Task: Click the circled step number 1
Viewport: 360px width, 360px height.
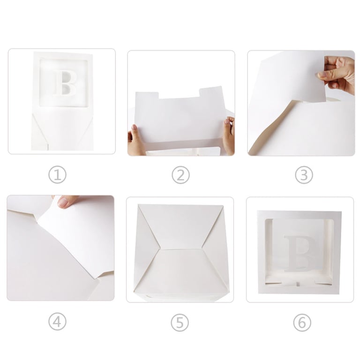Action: click(x=57, y=175)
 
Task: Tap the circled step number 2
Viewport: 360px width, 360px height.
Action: click(x=180, y=175)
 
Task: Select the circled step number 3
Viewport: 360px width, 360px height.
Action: click(x=304, y=175)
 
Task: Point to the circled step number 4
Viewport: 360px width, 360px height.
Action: click(x=57, y=322)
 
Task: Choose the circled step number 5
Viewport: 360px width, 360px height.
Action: click(x=180, y=323)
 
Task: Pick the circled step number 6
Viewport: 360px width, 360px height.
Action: click(x=302, y=323)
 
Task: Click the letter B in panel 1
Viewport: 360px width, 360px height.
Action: click(x=64, y=83)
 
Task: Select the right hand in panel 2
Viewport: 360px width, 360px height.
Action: click(x=228, y=135)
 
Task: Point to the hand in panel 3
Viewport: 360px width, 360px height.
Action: click(x=337, y=74)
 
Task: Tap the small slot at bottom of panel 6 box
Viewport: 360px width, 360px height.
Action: click(x=298, y=284)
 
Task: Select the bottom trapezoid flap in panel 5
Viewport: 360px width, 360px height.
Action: click(x=181, y=271)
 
